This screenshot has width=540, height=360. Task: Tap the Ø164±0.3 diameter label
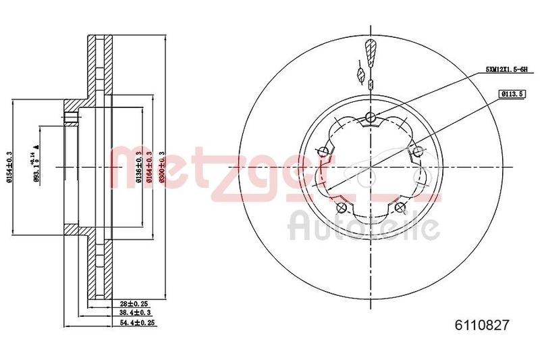tap(148, 166)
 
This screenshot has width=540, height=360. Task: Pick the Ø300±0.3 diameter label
tap(162, 166)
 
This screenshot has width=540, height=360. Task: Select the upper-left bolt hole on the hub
tap(324, 151)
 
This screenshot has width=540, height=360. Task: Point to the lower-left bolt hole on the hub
tap(342, 207)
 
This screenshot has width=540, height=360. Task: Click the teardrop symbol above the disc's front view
tap(369, 51)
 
